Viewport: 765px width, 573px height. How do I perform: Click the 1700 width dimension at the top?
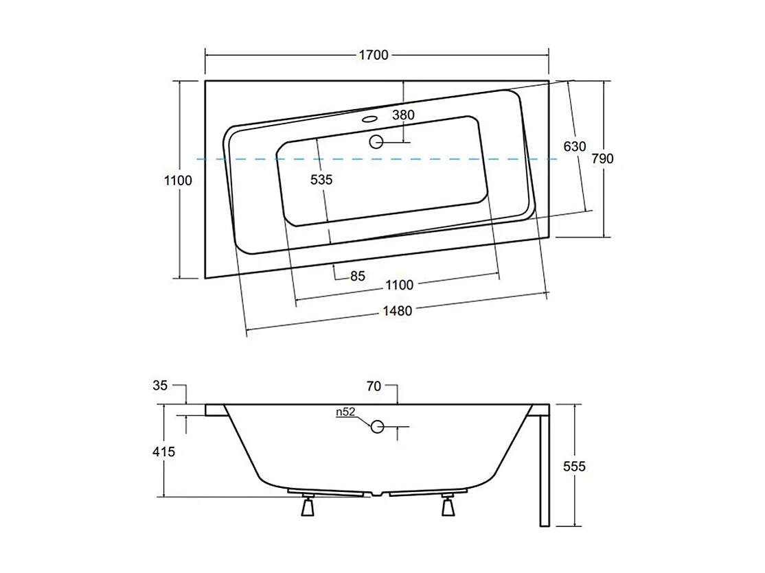tap(374, 55)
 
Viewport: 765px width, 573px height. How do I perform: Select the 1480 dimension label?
tap(397, 311)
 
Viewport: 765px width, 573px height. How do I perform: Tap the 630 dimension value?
tap(574, 146)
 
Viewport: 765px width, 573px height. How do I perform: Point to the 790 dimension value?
tap(602, 159)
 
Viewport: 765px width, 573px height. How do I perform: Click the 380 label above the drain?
tap(403, 115)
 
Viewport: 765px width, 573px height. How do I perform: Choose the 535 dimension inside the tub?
tap(321, 180)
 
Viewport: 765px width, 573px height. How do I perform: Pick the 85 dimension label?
tap(357, 277)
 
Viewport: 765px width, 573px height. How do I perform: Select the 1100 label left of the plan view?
tap(178, 180)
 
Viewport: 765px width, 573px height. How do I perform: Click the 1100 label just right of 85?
tap(399, 285)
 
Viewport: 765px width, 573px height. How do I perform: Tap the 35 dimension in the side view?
tap(160, 386)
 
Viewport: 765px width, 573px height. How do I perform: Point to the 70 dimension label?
tap(374, 386)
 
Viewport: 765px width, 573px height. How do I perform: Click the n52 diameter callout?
tap(345, 412)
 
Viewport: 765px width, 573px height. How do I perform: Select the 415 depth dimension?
tap(163, 452)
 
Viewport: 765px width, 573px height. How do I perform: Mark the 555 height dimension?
tap(574, 467)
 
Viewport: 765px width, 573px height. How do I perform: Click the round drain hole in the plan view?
tap(376, 142)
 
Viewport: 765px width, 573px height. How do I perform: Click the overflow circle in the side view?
tap(377, 427)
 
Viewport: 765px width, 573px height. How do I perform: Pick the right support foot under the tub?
tap(449, 506)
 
